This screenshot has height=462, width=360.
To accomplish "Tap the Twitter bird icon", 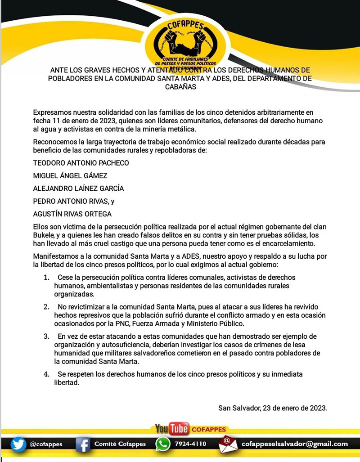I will tap(18, 444).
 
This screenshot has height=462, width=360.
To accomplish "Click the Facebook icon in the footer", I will tap(83, 444).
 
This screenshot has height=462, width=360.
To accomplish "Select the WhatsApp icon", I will tap(162, 444).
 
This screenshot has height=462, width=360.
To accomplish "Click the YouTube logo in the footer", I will tap(171, 429).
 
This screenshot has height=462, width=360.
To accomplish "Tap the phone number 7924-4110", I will tap(190, 444).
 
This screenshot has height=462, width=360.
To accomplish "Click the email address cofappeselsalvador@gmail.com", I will tap(295, 444).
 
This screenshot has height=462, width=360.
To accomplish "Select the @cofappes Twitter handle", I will tap(46, 444).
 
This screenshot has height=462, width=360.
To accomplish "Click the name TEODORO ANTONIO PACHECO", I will tap(81, 163).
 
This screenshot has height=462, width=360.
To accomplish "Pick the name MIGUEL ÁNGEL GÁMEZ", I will tap(70, 175).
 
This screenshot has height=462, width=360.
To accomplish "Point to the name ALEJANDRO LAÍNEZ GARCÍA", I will tap(78, 188).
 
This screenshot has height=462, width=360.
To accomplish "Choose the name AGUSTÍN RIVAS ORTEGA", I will tap(72, 214).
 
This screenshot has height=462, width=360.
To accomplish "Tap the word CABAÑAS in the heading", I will tap(180, 87).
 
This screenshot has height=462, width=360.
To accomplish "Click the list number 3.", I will tap(46, 336).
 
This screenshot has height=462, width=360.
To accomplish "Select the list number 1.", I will tap(46, 278).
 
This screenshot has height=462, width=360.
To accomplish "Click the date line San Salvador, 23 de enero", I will tap(272, 408).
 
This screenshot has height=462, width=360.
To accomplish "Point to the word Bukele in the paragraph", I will tap(44, 235).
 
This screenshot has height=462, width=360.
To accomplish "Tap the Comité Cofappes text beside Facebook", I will tap(120, 444).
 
